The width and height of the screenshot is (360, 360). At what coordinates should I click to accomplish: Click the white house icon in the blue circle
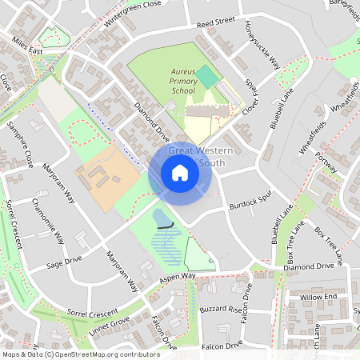[180, 173]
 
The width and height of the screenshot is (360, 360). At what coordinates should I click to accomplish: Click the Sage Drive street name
[65, 259]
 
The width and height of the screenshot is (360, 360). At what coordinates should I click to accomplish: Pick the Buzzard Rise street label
[220, 308]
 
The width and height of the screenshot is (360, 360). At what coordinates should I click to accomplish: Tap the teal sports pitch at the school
[207, 78]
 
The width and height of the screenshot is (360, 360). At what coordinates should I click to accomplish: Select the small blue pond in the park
[162, 218]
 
